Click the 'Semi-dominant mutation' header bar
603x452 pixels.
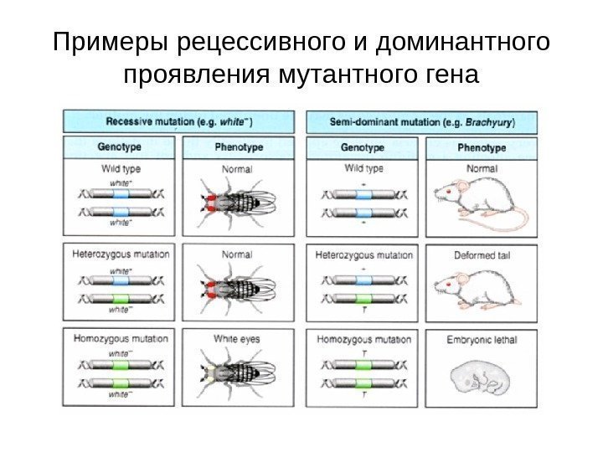point(422,121)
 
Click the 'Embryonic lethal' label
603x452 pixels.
point(482,339)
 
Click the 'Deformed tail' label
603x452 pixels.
point(482,254)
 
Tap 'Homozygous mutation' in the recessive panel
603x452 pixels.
point(120,339)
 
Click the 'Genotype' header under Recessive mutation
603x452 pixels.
point(120,147)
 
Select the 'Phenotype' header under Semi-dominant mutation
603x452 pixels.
point(482,147)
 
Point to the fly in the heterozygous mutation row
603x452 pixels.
point(232,287)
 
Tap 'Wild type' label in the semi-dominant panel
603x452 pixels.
point(363,168)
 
